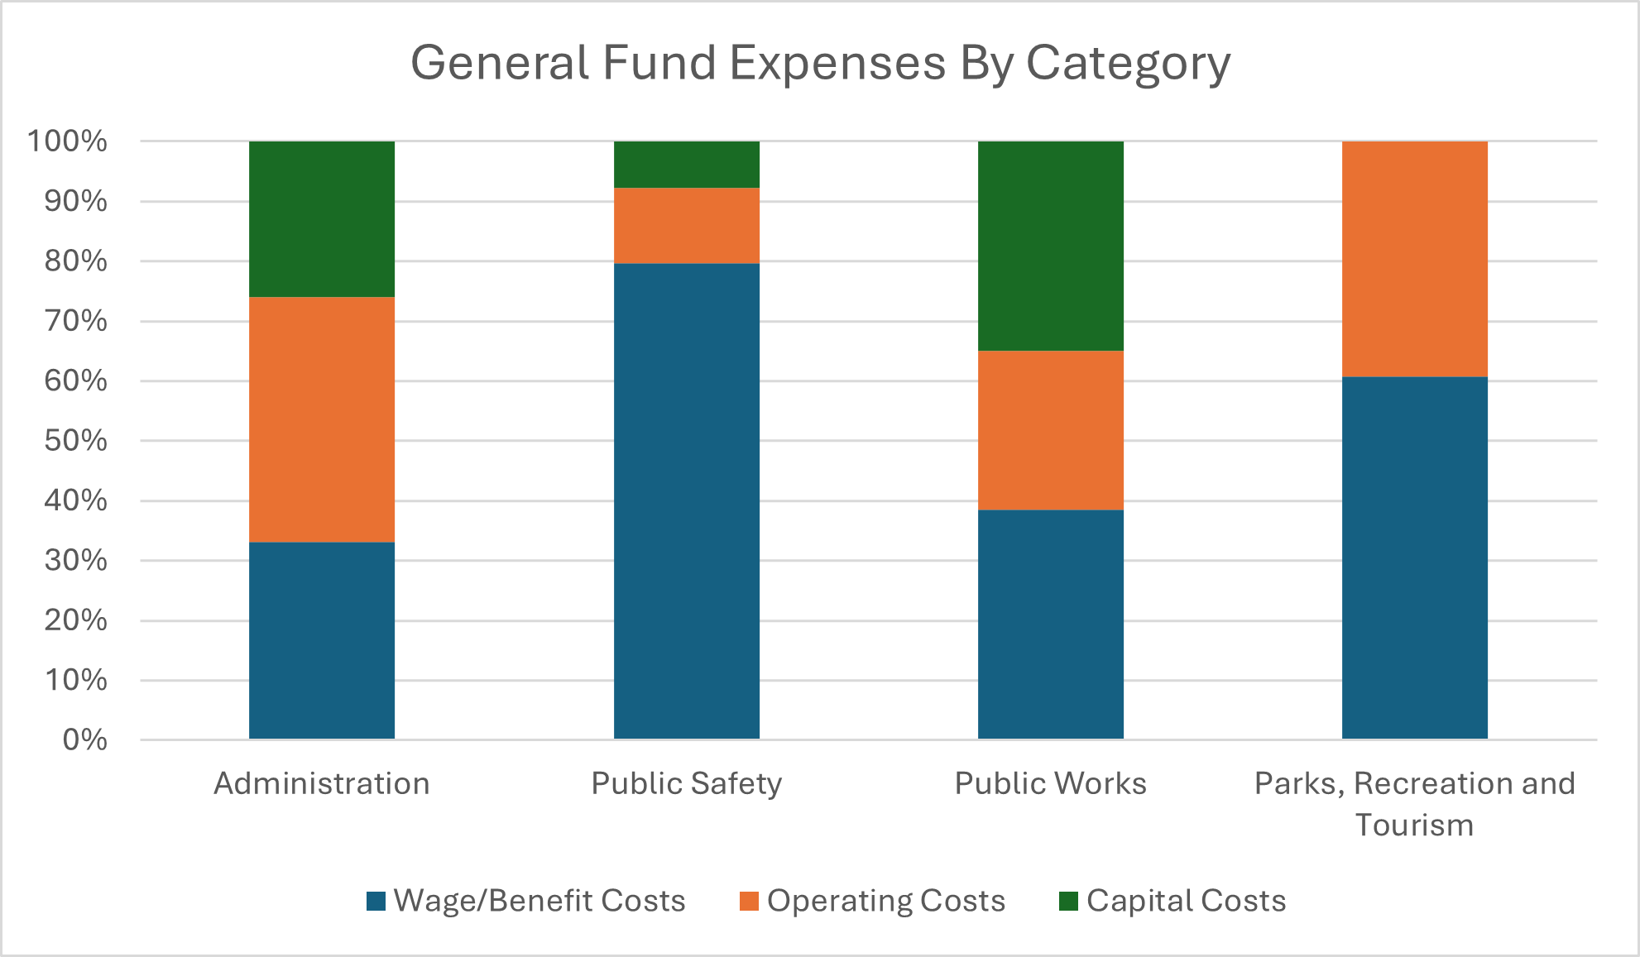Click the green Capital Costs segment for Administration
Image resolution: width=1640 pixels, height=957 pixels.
pyautogui.click(x=322, y=219)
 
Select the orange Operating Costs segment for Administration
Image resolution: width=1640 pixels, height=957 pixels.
pyautogui.click(x=322, y=419)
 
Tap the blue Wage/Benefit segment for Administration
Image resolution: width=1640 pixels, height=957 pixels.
pyautogui.click(x=322, y=640)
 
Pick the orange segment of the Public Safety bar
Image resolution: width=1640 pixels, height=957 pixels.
pyautogui.click(x=686, y=226)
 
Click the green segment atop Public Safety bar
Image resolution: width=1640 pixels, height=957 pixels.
pyautogui.click(x=686, y=165)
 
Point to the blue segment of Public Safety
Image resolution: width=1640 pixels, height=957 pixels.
pyautogui.click(x=686, y=500)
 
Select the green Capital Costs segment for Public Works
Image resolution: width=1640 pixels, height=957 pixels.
pyautogui.click(x=1050, y=246)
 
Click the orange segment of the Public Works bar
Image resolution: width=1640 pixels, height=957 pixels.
pyautogui.click(x=1050, y=430)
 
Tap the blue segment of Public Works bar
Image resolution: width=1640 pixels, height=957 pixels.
pyautogui.click(x=1050, y=624)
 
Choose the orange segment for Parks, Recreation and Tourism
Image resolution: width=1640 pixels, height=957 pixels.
pyautogui.click(x=1414, y=259)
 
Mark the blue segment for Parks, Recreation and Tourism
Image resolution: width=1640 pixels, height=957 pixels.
pyautogui.click(x=1414, y=557)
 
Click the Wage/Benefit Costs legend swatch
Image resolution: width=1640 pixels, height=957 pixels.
pyautogui.click(x=376, y=901)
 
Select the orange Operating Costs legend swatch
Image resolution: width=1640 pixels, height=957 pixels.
pyautogui.click(x=749, y=901)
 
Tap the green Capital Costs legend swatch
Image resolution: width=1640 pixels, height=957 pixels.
pyautogui.click(x=1068, y=901)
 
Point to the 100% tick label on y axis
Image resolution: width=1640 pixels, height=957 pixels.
pyautogui.click(x=68, y=141)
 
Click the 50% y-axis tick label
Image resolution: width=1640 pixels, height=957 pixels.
pyautogui.click(x=76, y=440)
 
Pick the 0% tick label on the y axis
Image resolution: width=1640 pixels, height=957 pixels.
pyautogui.click(x=84, y=739)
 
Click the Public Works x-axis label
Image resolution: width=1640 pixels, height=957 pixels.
pyautogui.click(x=1050, y=783)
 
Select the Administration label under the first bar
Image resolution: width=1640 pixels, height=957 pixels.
pyautogui.click(x=322, y=783)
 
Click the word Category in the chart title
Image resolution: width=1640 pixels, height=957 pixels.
pyautogui.click(x=1128, y=64)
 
